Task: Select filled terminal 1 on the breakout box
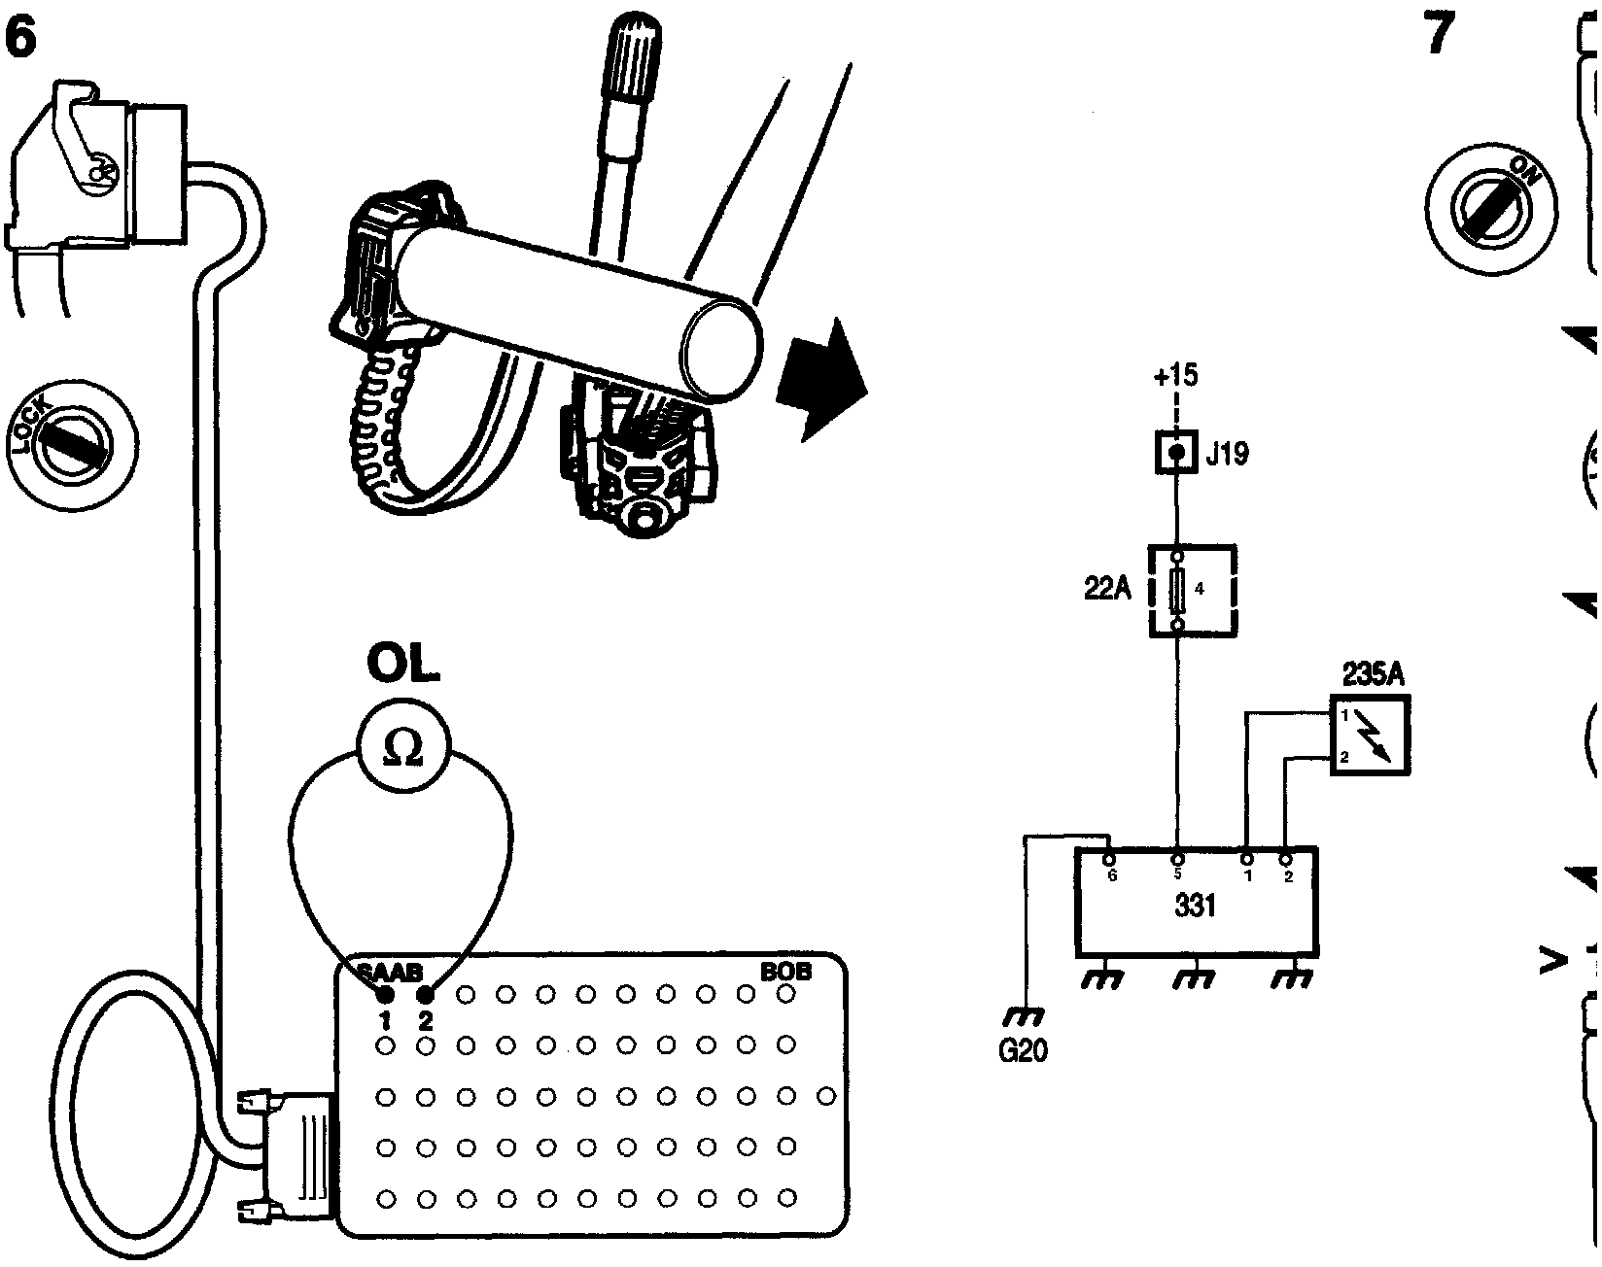point(385,994)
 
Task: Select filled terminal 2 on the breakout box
point(425,994)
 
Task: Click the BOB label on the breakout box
point(786,971)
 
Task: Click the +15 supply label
point(1175,376)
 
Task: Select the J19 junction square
point(1176,453)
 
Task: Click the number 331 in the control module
point(1195,907)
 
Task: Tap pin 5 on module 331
point(1177,859)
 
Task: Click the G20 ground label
point(1023,1051)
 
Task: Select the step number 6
point(21,39)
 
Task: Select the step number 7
point(1440,36)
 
